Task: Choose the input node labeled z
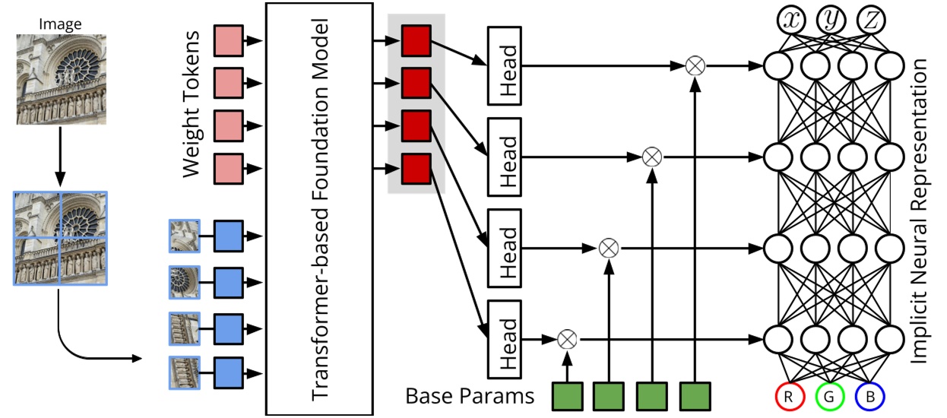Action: click(x=871, y=21)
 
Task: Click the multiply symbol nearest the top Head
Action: click(x=694, y=66)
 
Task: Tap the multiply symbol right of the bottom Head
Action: click(x=565, y=338)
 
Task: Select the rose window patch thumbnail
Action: click(x=185, y=279)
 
